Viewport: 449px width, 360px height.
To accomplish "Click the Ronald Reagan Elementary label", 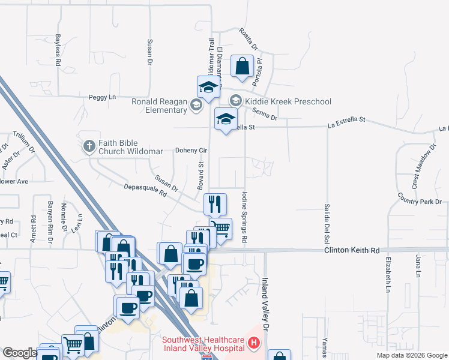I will [160, 106].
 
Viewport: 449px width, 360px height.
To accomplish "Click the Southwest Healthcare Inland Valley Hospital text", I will [203, 344].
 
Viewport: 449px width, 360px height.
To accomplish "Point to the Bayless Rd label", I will [58, 50].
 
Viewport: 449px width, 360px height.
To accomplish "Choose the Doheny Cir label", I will [191, 150].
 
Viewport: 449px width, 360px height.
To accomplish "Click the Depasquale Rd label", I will [145, 190].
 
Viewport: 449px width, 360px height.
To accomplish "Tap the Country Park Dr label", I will [419, 201].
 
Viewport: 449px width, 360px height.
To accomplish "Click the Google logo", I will [19, 353].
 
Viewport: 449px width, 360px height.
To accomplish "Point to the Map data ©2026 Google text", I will [411, 355].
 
